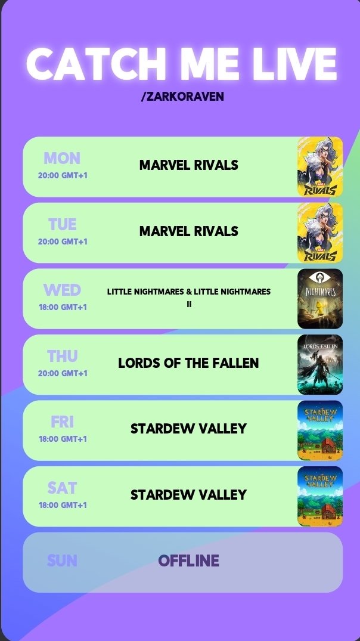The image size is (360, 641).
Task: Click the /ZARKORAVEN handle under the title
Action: coord(182,97)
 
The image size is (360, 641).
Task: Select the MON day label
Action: coord(62,159)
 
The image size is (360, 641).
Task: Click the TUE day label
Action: coord(62,225)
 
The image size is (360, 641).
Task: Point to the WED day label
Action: coord(62,290)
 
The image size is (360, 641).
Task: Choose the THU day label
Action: coord(62,357)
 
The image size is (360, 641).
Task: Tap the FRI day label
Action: coord(62,422)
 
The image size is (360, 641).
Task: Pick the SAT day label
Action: coord(62,488)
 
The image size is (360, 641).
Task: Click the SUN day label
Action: coord(62,561)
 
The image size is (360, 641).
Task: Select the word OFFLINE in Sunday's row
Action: coord(188,561)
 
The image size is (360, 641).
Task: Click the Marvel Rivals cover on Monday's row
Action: coord(320,167)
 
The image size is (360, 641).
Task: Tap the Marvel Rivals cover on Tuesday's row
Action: coord(320,233)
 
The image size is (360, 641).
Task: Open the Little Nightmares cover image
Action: coord(320,299)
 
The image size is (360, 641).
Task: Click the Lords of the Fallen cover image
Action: coord(320,364)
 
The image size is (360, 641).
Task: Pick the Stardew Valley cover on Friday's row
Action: coord(320,431)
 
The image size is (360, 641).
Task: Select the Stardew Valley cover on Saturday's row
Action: coord(320,496)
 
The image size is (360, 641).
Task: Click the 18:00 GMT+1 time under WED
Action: coord(63,308)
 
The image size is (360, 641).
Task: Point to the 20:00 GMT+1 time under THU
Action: coord(63,374)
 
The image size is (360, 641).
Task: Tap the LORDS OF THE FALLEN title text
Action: coord(188,363)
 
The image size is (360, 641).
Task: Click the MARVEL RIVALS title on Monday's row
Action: coord(188,165)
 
